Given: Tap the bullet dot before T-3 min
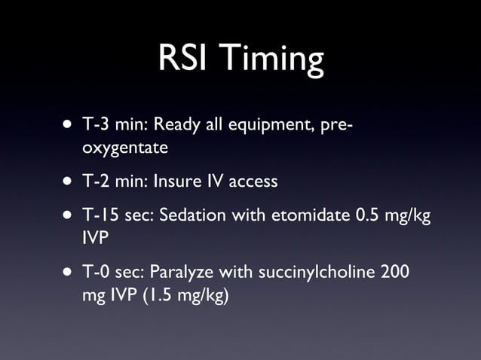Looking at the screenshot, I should click(69, 124).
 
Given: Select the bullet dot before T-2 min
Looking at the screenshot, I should click(69, 182).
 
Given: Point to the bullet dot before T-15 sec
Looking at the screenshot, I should click(69, 215).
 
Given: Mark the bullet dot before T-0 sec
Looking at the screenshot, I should click(69, 272).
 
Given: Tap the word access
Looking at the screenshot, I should click(253, 182).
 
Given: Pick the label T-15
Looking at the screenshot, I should click(101, 215).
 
